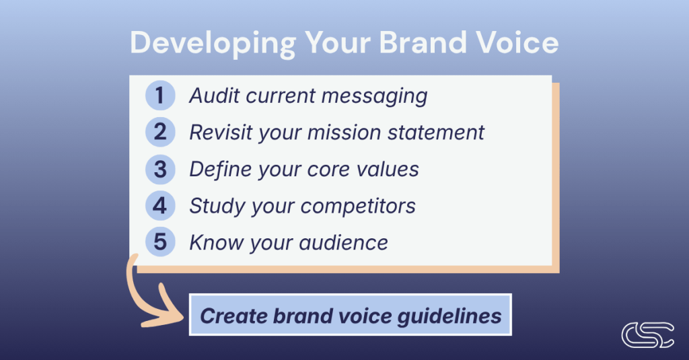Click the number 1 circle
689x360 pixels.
coord(160,96)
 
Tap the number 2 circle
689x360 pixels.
coord(160,132)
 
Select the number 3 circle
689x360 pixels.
coord(160,169)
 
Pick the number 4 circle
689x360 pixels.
coord(160,205)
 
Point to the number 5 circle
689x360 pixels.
coord(160,242)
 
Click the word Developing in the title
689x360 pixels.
coord(213,44)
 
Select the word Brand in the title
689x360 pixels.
coord(423,42)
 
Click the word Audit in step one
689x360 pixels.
coord(214,96)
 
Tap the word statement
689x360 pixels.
coord(435,133)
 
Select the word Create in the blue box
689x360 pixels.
coord(233,316)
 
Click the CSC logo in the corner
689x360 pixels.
coord(648,335)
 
